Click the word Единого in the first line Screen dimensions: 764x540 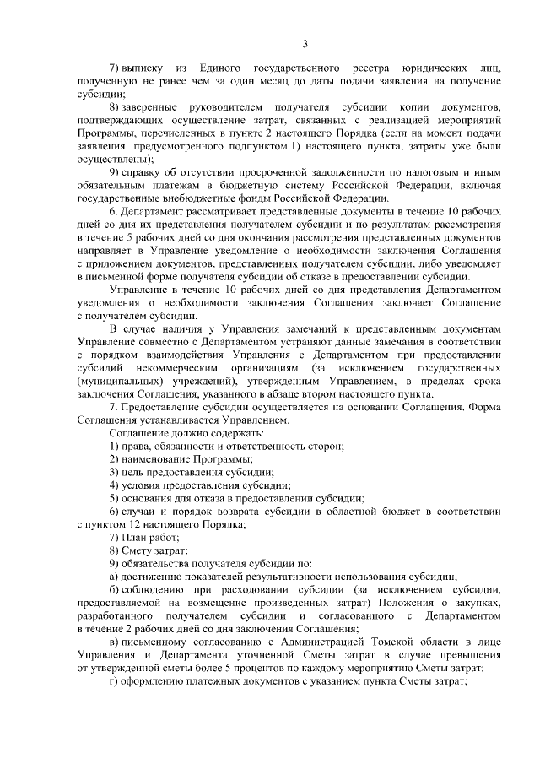click(213, 67)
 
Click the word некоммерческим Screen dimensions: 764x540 click(182, 369)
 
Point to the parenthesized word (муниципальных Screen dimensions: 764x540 click(116, 382)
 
